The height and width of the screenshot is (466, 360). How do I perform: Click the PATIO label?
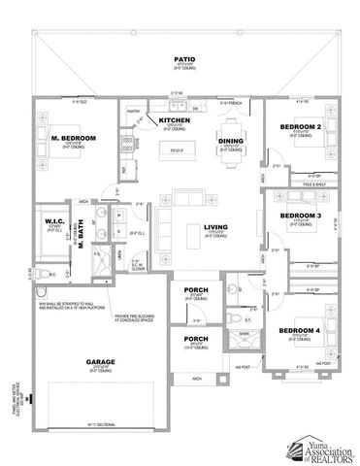179,58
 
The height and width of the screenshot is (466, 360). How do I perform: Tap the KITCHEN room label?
175,120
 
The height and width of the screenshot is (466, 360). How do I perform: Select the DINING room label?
230,142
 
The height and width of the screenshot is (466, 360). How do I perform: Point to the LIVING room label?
215,228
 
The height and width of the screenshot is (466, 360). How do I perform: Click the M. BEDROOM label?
73,139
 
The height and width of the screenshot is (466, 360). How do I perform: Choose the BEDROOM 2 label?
300,127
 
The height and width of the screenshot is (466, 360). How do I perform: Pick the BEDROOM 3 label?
300,216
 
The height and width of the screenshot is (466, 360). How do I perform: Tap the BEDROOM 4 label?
300,330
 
